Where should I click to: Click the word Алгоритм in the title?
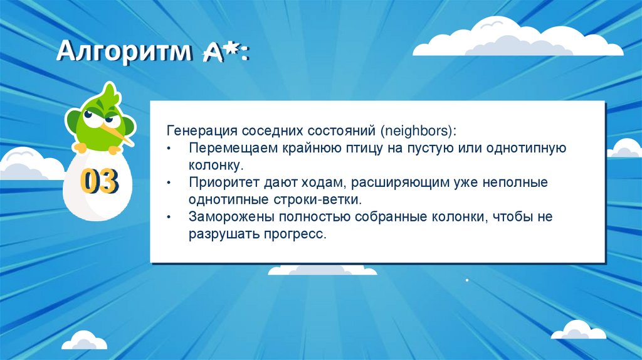pos(123,51)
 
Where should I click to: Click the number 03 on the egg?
pos(99,181)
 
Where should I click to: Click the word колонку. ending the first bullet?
pos(215,166)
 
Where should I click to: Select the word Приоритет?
pos(221,183)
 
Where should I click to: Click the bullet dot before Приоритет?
pos(171,184)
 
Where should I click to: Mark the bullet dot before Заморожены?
pos(171,218)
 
